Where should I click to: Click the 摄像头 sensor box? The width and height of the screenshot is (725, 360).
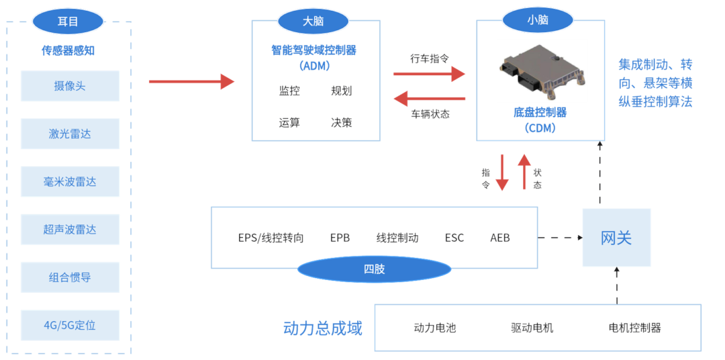tap(70, 86)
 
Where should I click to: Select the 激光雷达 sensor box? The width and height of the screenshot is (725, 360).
tap(70, 134)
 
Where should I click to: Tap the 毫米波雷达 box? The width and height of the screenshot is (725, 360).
tap(70, 181)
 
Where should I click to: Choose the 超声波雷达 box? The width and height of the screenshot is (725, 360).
tap(70, 230)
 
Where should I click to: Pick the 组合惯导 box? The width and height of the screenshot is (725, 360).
tap(70, 277)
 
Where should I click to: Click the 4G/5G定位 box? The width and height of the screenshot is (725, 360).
tap(70, 325)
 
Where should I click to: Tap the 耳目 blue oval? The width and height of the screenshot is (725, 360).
tap(68, 21)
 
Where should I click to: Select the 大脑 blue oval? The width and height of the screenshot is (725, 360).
tap(313, 21)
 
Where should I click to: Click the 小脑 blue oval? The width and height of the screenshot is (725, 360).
tap(537, 20)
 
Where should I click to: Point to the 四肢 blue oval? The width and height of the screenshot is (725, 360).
tap(374, 269)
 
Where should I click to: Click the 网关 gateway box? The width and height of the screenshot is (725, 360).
tap(616, 238)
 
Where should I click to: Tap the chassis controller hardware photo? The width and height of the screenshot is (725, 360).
tap(542, 70)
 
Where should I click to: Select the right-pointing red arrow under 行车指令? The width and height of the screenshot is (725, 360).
tap(429, 73)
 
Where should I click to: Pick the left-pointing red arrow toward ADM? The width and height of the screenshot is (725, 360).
tap(429, 99)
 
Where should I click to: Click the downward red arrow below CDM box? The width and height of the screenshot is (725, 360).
tap(501, 173)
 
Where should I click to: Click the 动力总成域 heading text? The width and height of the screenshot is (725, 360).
tap(322, 328)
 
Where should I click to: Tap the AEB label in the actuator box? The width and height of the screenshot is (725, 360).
tap(499, 238)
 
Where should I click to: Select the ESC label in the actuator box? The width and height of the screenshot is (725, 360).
tap(454, 238)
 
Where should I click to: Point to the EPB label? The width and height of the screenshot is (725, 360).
tap(340, 238)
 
